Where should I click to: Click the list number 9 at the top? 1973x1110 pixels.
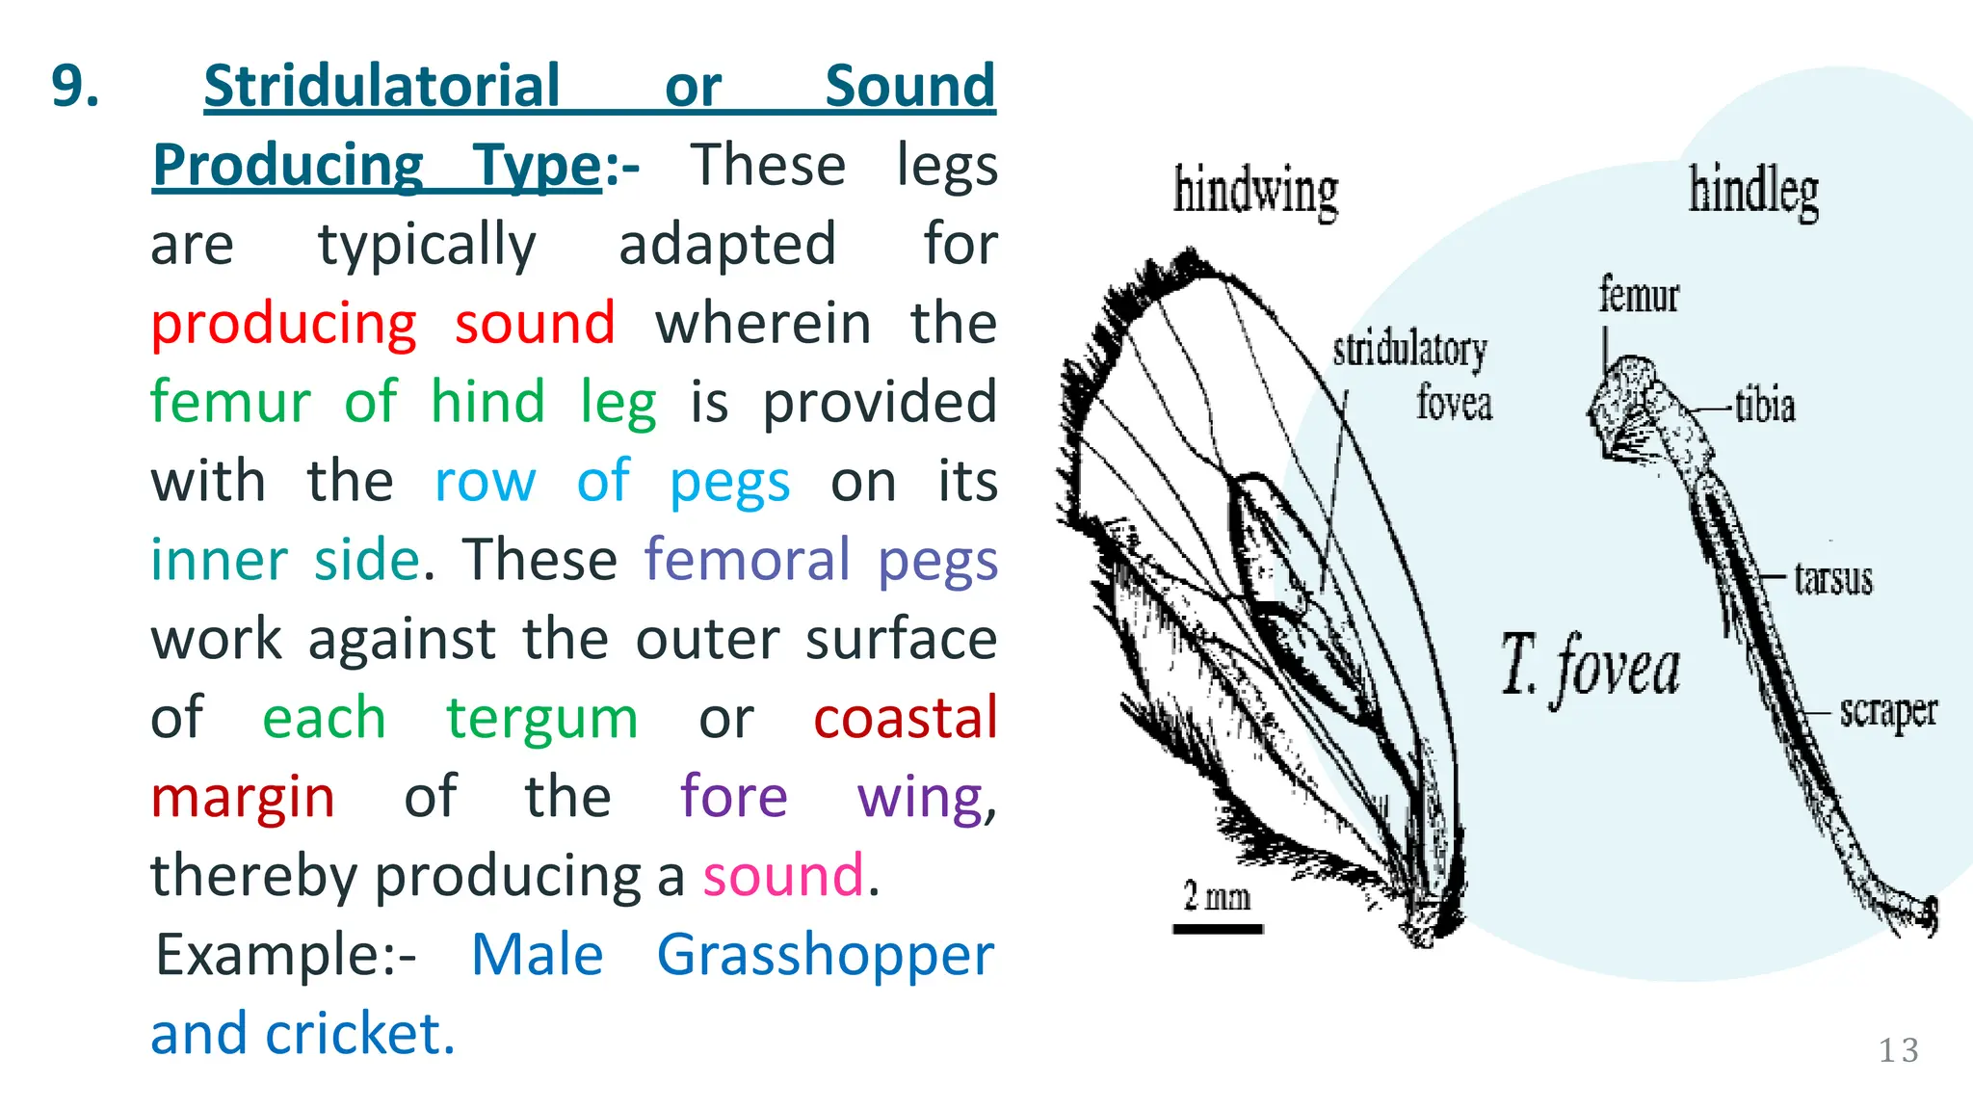click(x=75, y=86)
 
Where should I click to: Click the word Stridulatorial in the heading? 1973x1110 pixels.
click(x=381, y=86)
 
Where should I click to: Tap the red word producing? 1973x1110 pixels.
click(x=284, y=324)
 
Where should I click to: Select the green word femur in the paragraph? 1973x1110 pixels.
click(x=231, y=402)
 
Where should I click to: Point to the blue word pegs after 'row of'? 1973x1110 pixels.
click(x=729, y=483)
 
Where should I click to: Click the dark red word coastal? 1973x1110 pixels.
click(x=905, y=718)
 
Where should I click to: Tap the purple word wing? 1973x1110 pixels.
click(x=920, y=799)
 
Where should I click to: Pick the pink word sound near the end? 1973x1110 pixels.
click(x=782, y=876)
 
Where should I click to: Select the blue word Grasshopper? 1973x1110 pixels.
click(x=825, y=957)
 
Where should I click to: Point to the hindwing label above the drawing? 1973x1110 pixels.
click(x=1255, y=191)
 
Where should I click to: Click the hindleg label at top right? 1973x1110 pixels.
click(x=1753, y=191)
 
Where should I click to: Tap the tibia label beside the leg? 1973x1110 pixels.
click(x=1765, y=406)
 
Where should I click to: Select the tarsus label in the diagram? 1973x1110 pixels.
click(x=1832, y=579)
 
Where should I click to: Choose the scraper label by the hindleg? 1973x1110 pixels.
click(x=1887, y=712)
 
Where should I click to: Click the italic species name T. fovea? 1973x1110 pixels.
click(x=1590, y=666)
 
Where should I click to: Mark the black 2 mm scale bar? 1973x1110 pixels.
click(x=1218, y=929)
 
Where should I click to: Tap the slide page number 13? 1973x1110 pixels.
click(x=1898, y=1050)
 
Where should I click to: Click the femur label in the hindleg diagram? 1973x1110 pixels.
click(x=1638, y=295)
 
